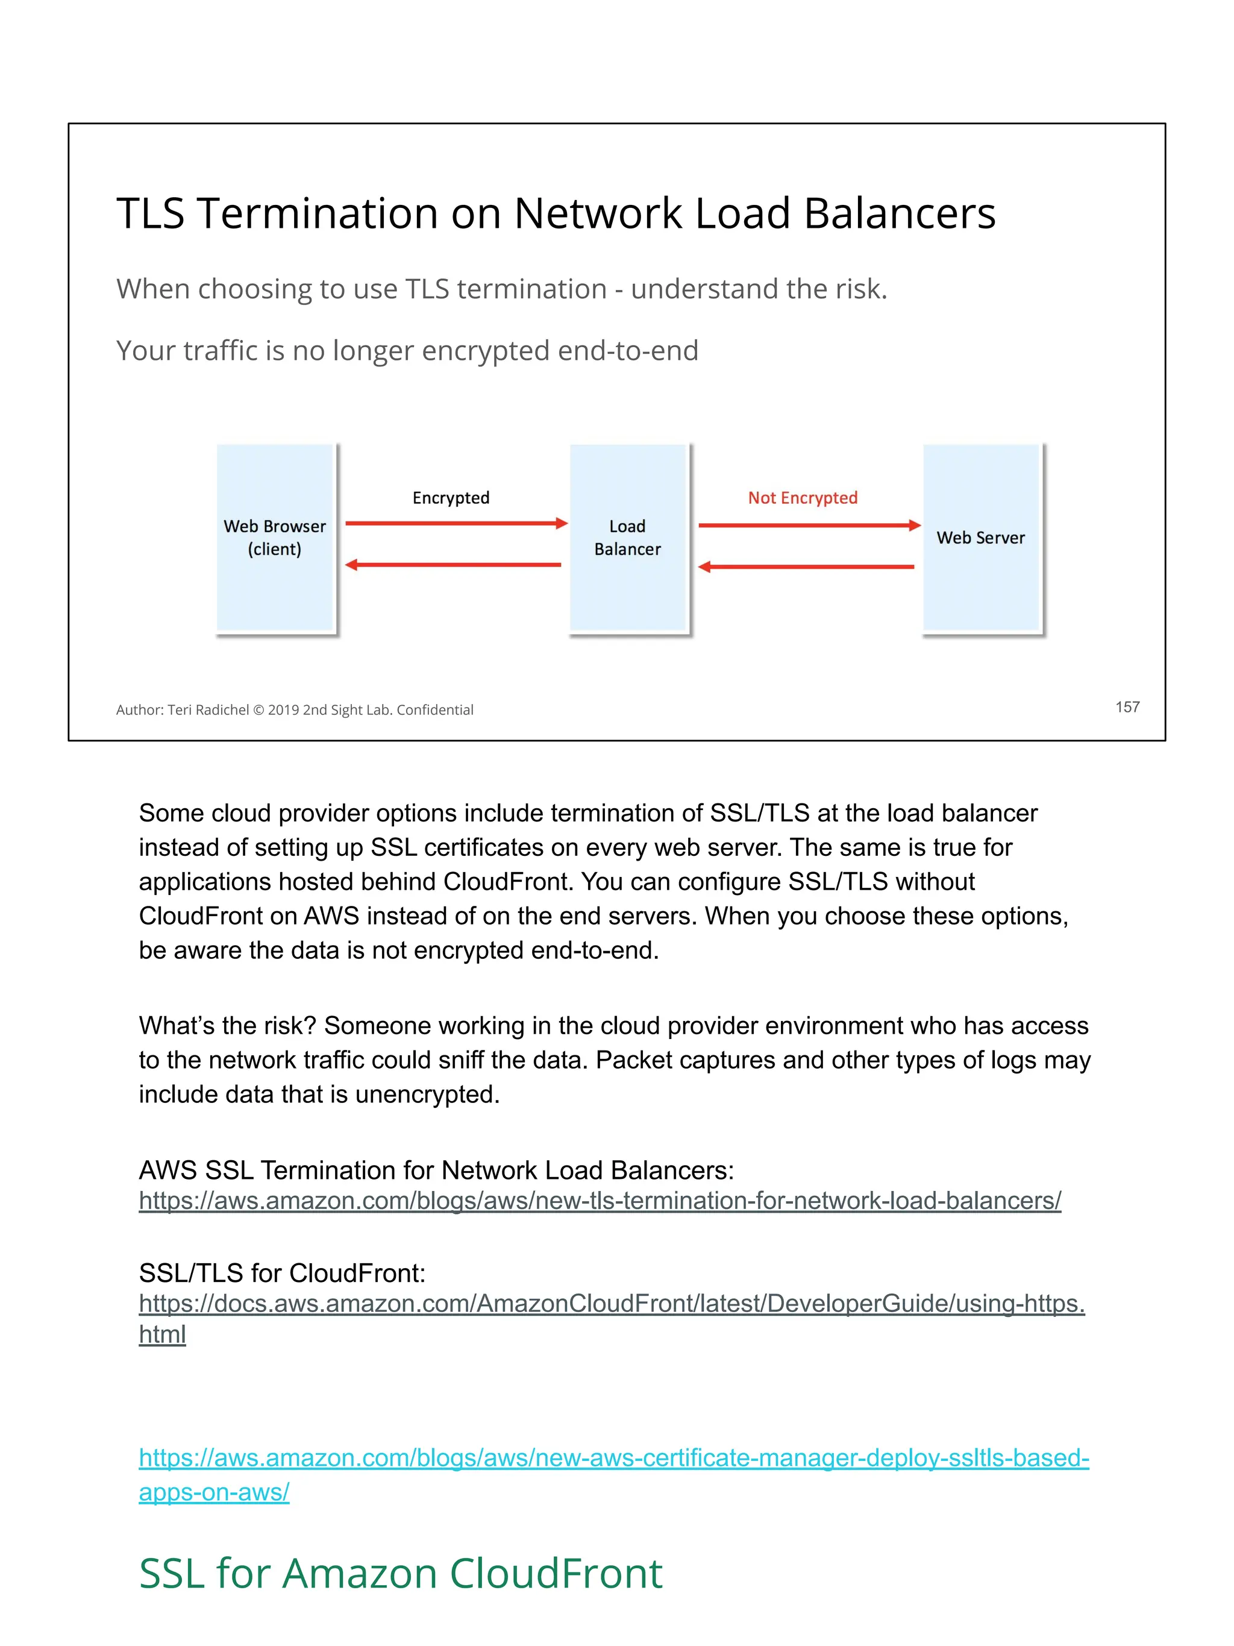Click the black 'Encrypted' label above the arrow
coord(451,498)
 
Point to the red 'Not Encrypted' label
coord(803,498)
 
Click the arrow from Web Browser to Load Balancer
coord(456,524)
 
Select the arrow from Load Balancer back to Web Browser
coord(454,565)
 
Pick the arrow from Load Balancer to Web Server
coord(809,526)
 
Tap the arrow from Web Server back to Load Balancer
coord(806,567)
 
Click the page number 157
coord(1127,707)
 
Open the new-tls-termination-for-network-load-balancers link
coord(600,1201)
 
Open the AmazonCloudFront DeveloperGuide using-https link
coord(612,1304)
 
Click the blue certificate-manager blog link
coord(613,1458)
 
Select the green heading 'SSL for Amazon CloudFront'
coord(400,1574)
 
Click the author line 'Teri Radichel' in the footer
coord(208,710)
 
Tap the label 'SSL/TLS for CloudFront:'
coord(282,1273)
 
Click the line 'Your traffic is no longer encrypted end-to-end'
coord(407,351)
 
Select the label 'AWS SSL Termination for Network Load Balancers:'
coord(436,1170)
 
